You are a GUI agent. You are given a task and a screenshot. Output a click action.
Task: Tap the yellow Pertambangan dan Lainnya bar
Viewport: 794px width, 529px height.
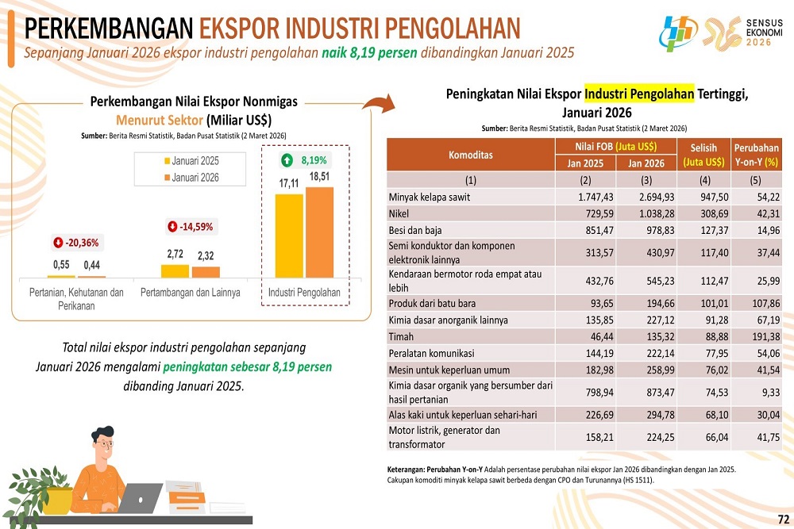[x=175, y=270]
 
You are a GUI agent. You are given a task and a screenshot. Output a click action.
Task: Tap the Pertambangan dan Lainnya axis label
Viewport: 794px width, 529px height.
[x=190, y=293]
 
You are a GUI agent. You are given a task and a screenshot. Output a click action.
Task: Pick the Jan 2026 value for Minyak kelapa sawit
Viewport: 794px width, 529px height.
[x=646, y=197]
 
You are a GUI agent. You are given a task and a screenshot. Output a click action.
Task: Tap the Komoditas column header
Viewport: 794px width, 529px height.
[x=470, y=155]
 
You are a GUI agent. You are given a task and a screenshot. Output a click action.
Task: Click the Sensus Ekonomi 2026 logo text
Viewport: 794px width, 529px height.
[x=765, y=31]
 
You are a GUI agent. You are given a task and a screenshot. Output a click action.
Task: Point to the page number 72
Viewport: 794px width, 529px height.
[x=783, y=519]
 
